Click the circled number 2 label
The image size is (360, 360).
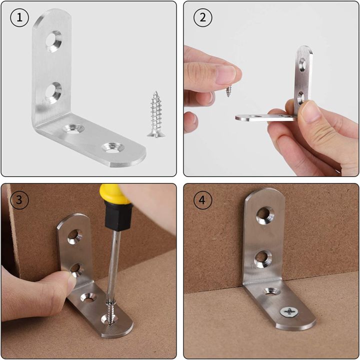[202, 18]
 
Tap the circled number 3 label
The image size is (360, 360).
[19, 200]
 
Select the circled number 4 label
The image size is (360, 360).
[202, 200]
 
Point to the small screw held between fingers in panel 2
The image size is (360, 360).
[228, 91]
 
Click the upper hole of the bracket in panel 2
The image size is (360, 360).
[302, 64]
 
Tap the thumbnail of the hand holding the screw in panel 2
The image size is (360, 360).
[226, 74]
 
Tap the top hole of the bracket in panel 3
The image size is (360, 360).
[75, 235]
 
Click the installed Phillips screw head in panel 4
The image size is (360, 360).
[289, 312]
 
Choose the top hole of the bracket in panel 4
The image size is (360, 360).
[264, 215]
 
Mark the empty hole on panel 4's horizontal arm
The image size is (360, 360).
[272, 291]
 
